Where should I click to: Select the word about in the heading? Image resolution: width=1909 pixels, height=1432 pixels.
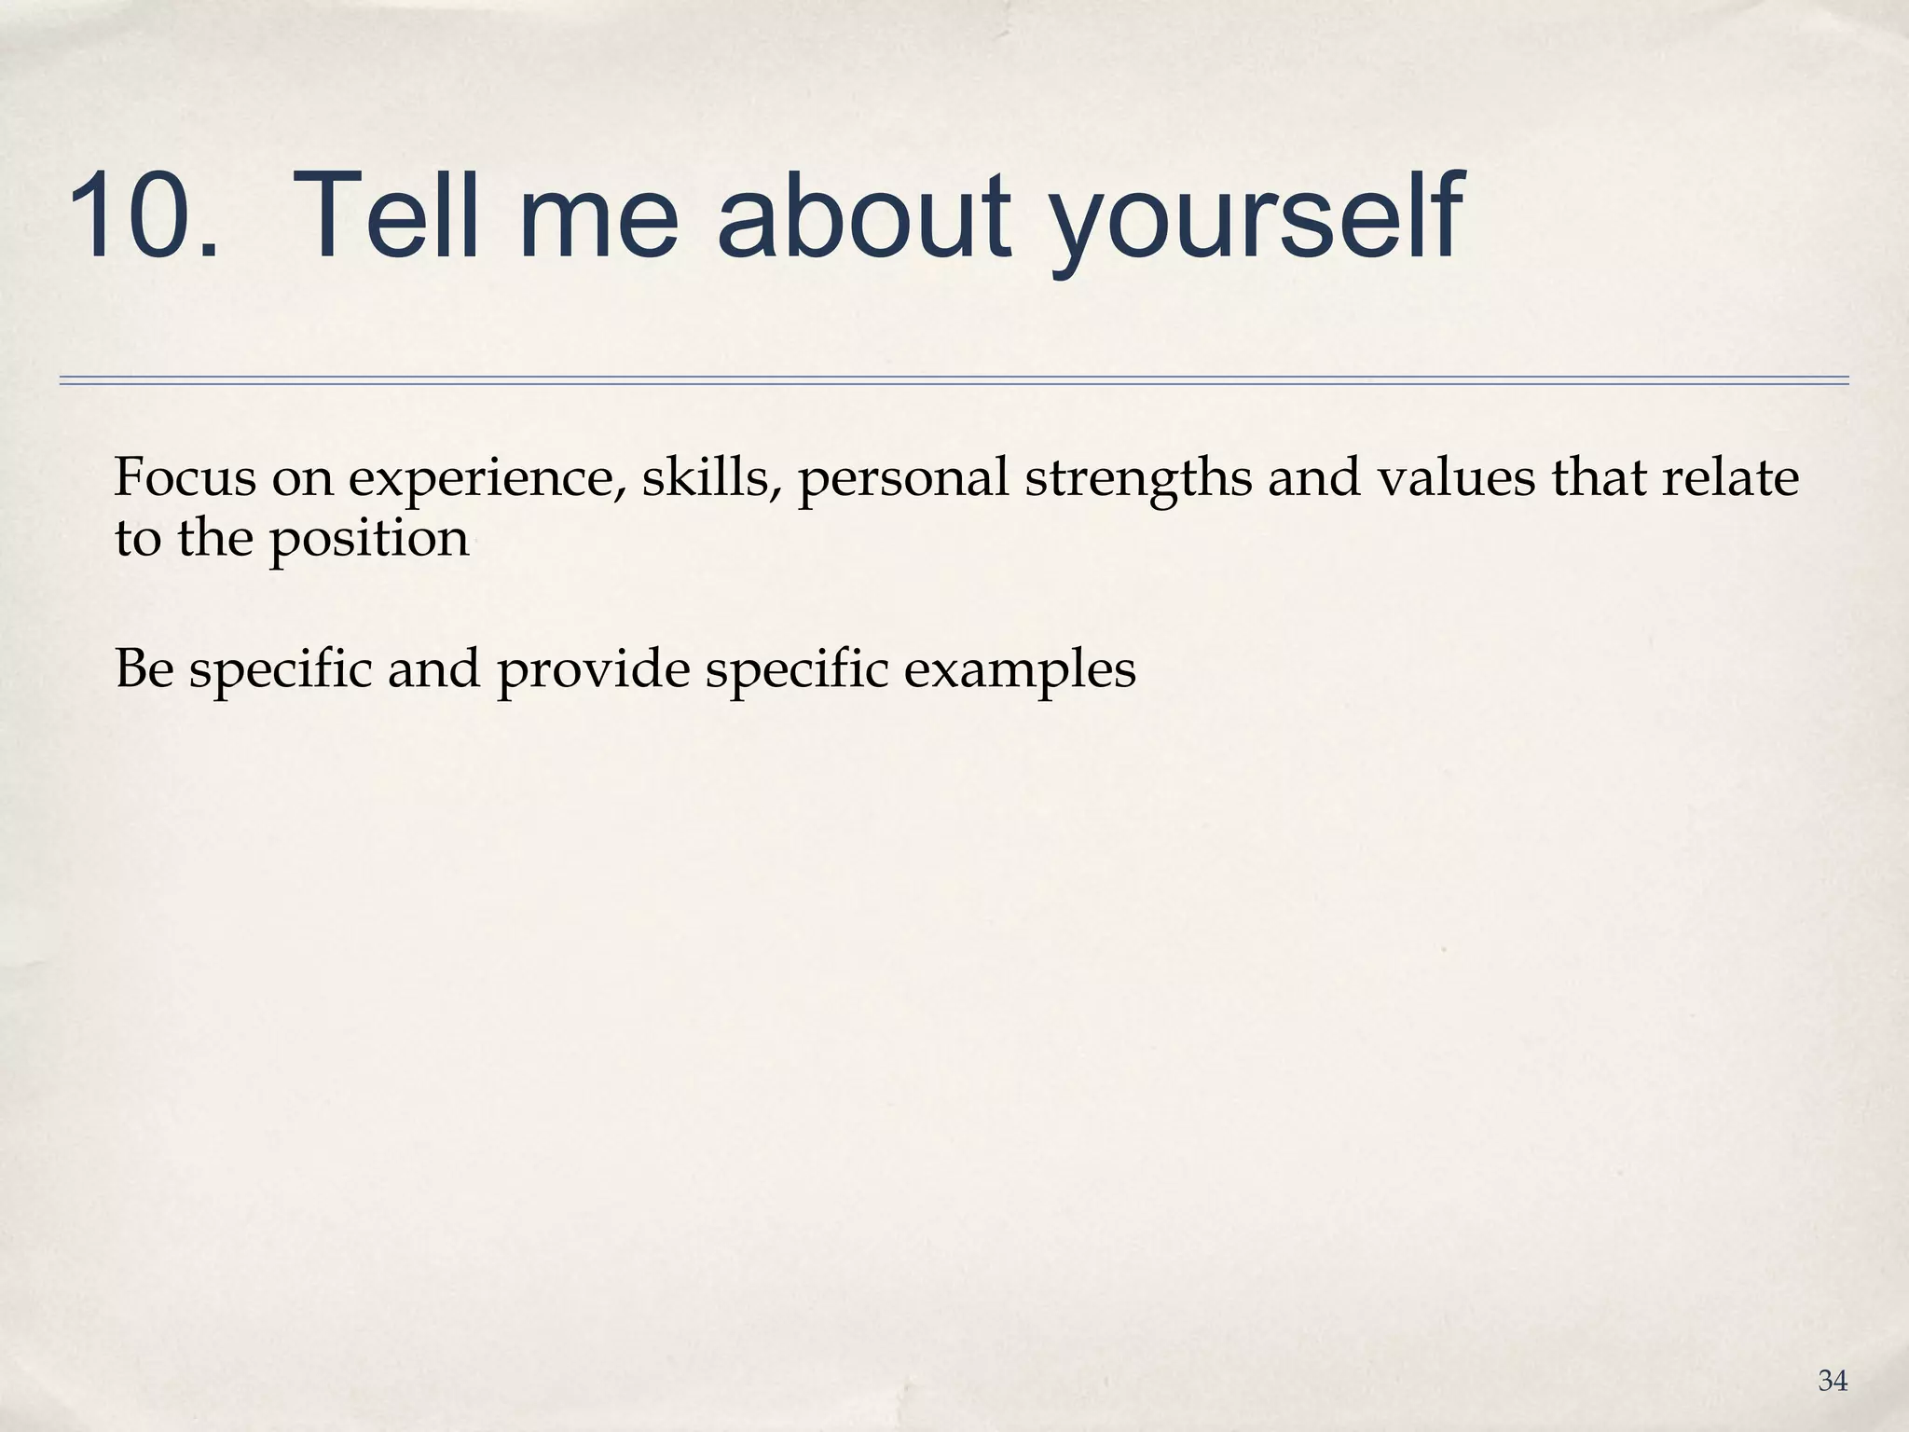(x=862, y=216)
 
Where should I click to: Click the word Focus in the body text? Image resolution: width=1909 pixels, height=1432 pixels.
(x=185, y=477)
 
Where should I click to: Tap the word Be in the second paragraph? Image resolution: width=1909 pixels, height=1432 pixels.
(x=144, y=668)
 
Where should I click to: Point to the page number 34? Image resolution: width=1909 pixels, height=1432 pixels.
(x=1832, y=1381)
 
